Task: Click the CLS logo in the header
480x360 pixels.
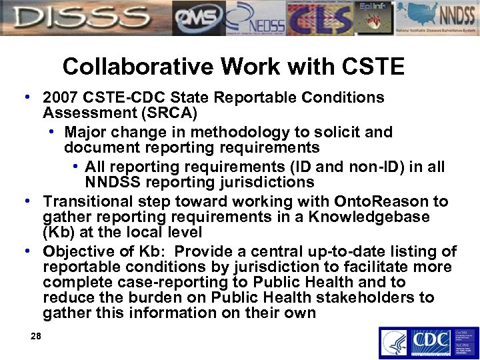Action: tap(320, 18)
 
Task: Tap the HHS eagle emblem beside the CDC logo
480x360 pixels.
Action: tap(394, 343)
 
